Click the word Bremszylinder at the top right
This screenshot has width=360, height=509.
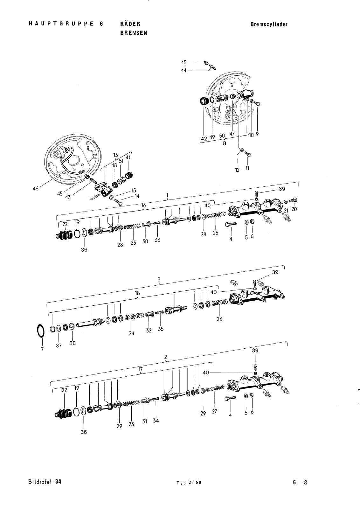[x=269, y=24]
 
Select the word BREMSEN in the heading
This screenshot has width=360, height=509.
[x=134, y=33]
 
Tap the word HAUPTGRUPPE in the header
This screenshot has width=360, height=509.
[x=61, y=24]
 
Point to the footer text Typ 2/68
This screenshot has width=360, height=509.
[x=189, y=483]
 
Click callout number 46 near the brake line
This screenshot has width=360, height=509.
[x=36, y=188]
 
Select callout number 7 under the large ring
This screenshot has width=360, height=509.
[x=42, y=349]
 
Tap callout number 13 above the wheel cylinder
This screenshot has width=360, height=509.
[x=116, y=155]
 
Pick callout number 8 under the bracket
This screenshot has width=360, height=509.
[x=225, y=143]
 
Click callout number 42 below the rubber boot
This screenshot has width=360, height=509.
[x=204, y=138]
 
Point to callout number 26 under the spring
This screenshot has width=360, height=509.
[x=219, y=319]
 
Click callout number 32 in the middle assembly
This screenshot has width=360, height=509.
[x=149, y=331]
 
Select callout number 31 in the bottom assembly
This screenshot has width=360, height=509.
[x=145, y=422]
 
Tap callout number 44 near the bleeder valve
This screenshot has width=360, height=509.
[x=183, y=71]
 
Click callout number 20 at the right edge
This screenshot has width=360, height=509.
[x=294, y=209]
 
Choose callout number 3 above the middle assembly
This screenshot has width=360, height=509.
[x=159, y=280]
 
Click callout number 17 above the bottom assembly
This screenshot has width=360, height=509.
[x=141, y=369]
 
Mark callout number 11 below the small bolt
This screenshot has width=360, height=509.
[x=247, y=168]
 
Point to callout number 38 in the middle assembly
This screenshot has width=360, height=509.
[x=73, y=343]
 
